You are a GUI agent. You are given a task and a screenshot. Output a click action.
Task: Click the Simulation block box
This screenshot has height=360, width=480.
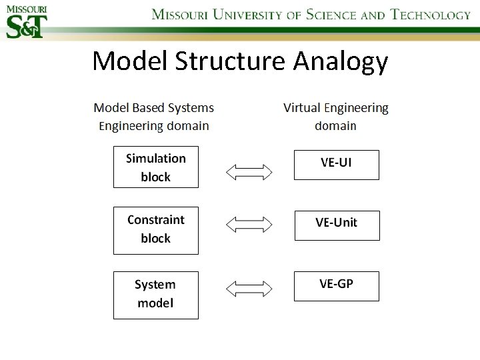(x=155, y=167)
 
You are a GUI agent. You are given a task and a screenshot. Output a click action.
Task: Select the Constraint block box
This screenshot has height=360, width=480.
(x=155, y=230)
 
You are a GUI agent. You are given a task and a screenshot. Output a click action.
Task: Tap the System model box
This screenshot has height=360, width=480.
(x=155, y=294)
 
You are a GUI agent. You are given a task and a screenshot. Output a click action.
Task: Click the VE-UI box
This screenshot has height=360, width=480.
(x=336, y=165)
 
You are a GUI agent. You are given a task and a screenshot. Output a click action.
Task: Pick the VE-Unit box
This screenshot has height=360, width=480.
(x=337, y=225)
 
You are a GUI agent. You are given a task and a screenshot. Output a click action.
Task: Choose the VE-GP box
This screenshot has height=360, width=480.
(x=336, y=285)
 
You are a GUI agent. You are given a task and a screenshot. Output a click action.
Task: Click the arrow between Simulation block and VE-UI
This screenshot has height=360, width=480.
(x=249, y=173)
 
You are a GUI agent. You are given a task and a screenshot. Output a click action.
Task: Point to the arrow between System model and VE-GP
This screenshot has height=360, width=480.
(x=249, y=289)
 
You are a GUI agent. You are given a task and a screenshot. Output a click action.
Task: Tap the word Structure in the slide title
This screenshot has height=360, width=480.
(x=230, y=61)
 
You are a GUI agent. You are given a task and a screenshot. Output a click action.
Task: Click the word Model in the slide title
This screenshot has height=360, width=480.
(x=130, y=61)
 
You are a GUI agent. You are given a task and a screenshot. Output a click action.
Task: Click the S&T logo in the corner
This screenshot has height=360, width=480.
(x=25, y=21)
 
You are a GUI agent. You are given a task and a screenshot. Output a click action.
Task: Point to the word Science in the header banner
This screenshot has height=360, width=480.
(x=331, y=15)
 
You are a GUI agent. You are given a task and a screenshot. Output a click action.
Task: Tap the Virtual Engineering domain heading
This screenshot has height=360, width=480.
(x=335, y=117)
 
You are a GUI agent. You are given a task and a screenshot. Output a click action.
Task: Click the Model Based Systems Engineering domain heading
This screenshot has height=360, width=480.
(x=154, y=117)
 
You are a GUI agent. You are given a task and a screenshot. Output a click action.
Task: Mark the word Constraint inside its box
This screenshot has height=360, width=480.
(x=155, y=220)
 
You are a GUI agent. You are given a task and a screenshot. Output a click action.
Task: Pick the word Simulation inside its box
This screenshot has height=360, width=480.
(x=155, y=159)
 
